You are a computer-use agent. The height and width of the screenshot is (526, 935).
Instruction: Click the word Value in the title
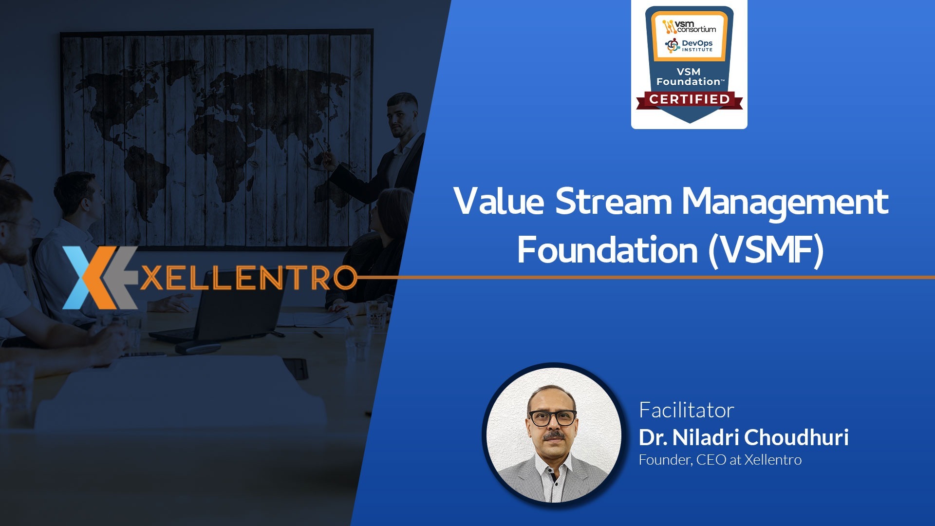pyautogui.click(x=499, y=201)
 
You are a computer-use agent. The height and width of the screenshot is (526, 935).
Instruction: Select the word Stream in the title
pyautogui.click(x=614, y=201)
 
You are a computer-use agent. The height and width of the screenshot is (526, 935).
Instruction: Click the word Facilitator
pyautogui.click(x=686, y=410)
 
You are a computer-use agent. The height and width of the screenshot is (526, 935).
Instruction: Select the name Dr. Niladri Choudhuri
pyautogui.click(x=744, y=437)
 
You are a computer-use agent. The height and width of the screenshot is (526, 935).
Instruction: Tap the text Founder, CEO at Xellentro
pyautogui.click(x=720, y=460)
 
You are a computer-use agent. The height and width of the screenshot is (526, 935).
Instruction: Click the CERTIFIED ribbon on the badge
pyautogui.click(x=689, y=100)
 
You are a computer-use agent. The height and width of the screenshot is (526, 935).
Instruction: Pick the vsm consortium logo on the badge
pyautogui.click(x=689, y=26)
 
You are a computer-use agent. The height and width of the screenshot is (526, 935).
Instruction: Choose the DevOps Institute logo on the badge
pyautogui.click(x=689, y=45)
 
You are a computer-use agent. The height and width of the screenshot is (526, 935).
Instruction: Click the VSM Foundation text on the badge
pyautogui.click(x=689, y=77)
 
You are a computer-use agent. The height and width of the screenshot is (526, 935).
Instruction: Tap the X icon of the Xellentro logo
pyautogui.click(x=100, y=278)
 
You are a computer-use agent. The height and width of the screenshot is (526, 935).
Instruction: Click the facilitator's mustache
pyautogui.click(x=553, y=435)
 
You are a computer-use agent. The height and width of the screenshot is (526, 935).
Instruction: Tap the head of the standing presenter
pyautogui.click(x=403, y=114)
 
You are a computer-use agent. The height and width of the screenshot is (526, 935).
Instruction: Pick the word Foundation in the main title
pyautogui.click(x=607, y=249)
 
